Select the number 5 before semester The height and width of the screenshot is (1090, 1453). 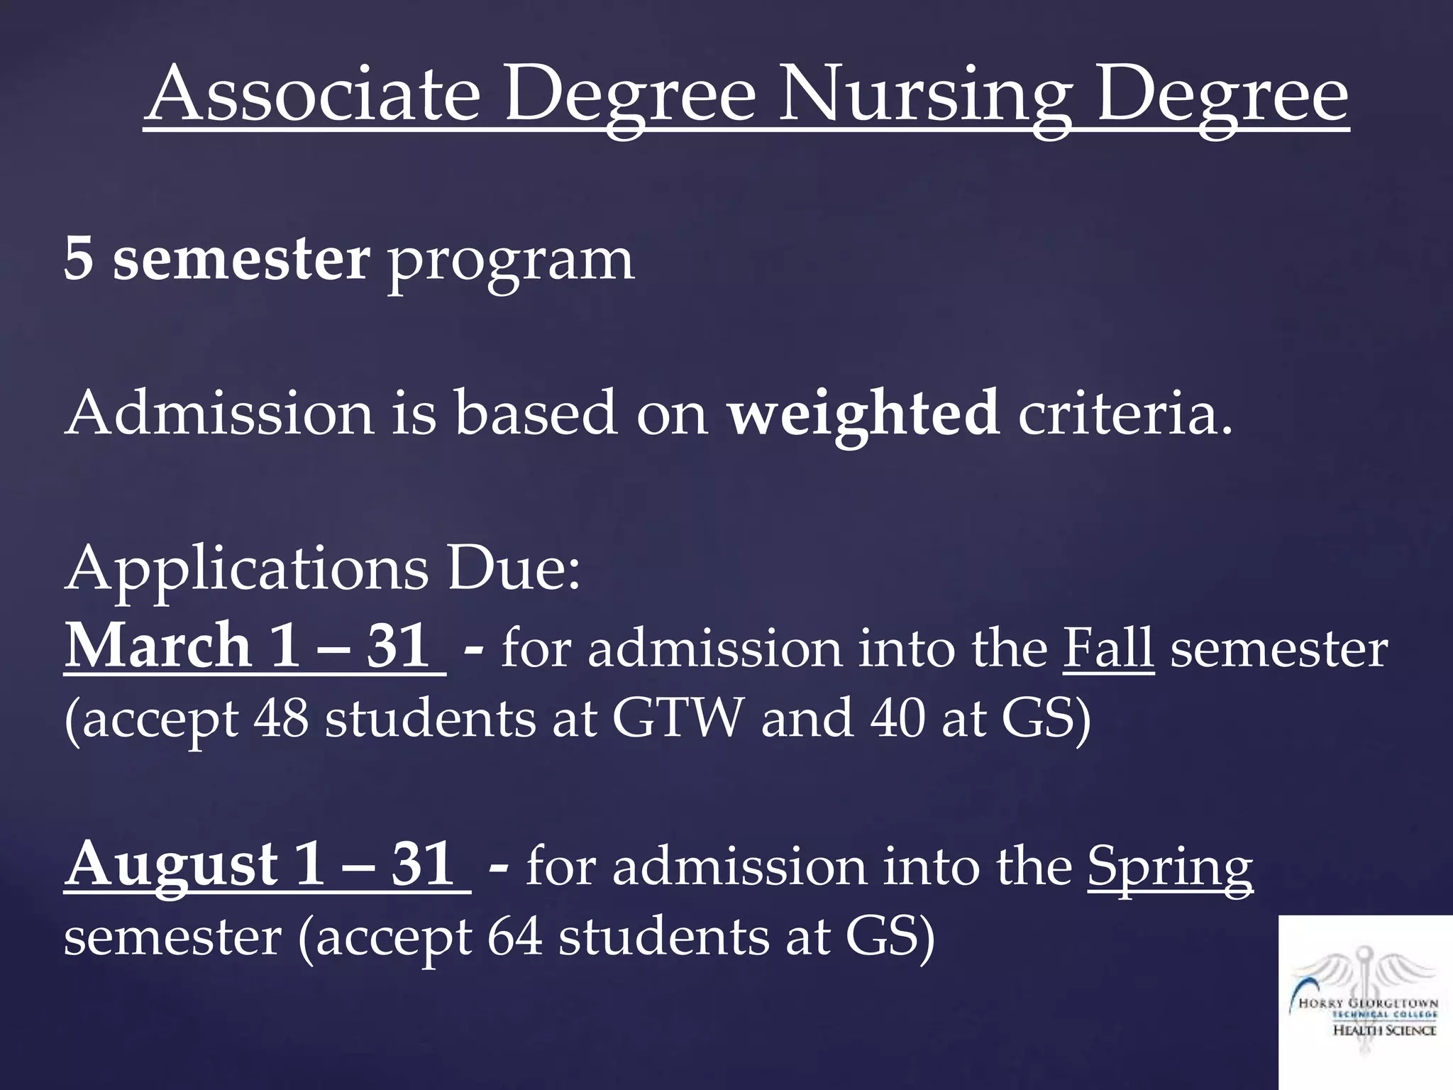click(x=79, y=259)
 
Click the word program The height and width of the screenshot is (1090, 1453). click(x=510, y=263)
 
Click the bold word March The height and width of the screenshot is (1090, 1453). click(x=158, y=646)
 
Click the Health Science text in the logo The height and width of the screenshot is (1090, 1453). click(x=1384, y=1030)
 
